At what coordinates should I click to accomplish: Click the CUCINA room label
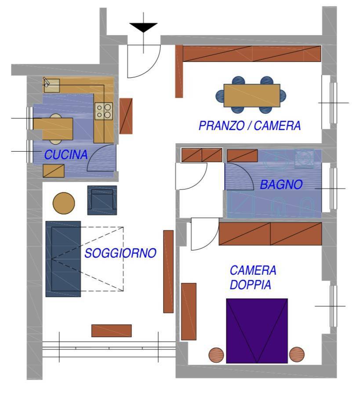66,154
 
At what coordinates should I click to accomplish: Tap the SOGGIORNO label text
120,253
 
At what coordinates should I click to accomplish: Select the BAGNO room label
281,184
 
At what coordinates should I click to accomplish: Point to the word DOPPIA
251,284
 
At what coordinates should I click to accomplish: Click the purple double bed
257,331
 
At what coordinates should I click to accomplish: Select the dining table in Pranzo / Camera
252,95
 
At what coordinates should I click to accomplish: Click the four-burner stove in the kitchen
104,111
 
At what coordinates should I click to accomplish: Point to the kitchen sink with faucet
51,85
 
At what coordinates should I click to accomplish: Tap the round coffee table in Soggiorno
64,203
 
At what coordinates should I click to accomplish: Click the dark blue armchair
102,200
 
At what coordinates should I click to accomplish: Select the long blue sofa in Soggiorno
63,259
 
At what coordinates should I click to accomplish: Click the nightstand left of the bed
216,355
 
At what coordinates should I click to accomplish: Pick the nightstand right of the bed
297,354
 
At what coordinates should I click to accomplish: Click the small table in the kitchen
53,129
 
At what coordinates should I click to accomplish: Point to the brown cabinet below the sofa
111,331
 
